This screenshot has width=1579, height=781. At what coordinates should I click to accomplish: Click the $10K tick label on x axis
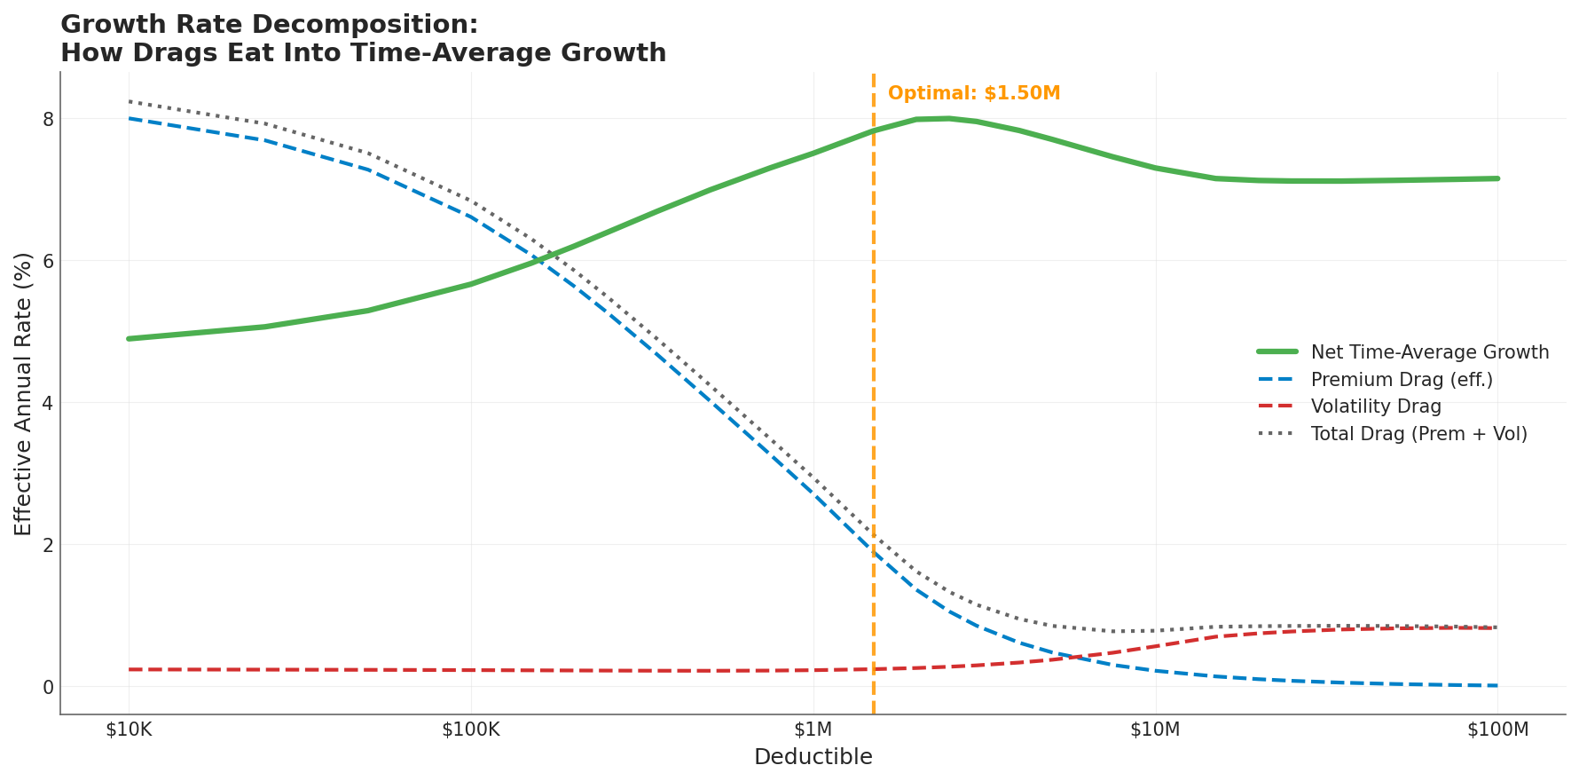(129, 730)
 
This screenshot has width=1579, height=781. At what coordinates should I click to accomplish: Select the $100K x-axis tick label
(471, 730)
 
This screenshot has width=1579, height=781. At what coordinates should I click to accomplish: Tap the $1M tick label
(813, 730)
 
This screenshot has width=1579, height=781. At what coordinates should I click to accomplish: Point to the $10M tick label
(1155, 730)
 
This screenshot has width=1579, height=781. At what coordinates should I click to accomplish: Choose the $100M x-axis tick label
(1497, 730)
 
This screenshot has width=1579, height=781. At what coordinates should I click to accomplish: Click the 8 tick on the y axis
(48, 119)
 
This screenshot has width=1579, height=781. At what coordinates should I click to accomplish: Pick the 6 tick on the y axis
(48, 261)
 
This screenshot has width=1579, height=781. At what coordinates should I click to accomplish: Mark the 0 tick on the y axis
(48, 687)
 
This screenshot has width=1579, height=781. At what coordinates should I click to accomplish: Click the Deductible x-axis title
(813, 757)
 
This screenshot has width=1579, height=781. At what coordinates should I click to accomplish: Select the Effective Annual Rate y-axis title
(24, 393)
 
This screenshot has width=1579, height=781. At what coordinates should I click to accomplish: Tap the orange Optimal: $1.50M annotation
(974, 94)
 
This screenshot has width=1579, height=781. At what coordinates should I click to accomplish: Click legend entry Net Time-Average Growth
(1429, 352)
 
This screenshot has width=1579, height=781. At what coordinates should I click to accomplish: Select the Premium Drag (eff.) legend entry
(1402, 380)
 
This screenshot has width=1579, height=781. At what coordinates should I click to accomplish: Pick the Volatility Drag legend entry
(1376, 407)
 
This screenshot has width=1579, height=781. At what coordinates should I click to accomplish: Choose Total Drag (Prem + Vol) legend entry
(1418, 434)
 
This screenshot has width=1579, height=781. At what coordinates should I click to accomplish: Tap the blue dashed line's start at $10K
(130, 118)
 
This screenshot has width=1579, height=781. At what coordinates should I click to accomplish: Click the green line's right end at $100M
(1497, 178)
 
